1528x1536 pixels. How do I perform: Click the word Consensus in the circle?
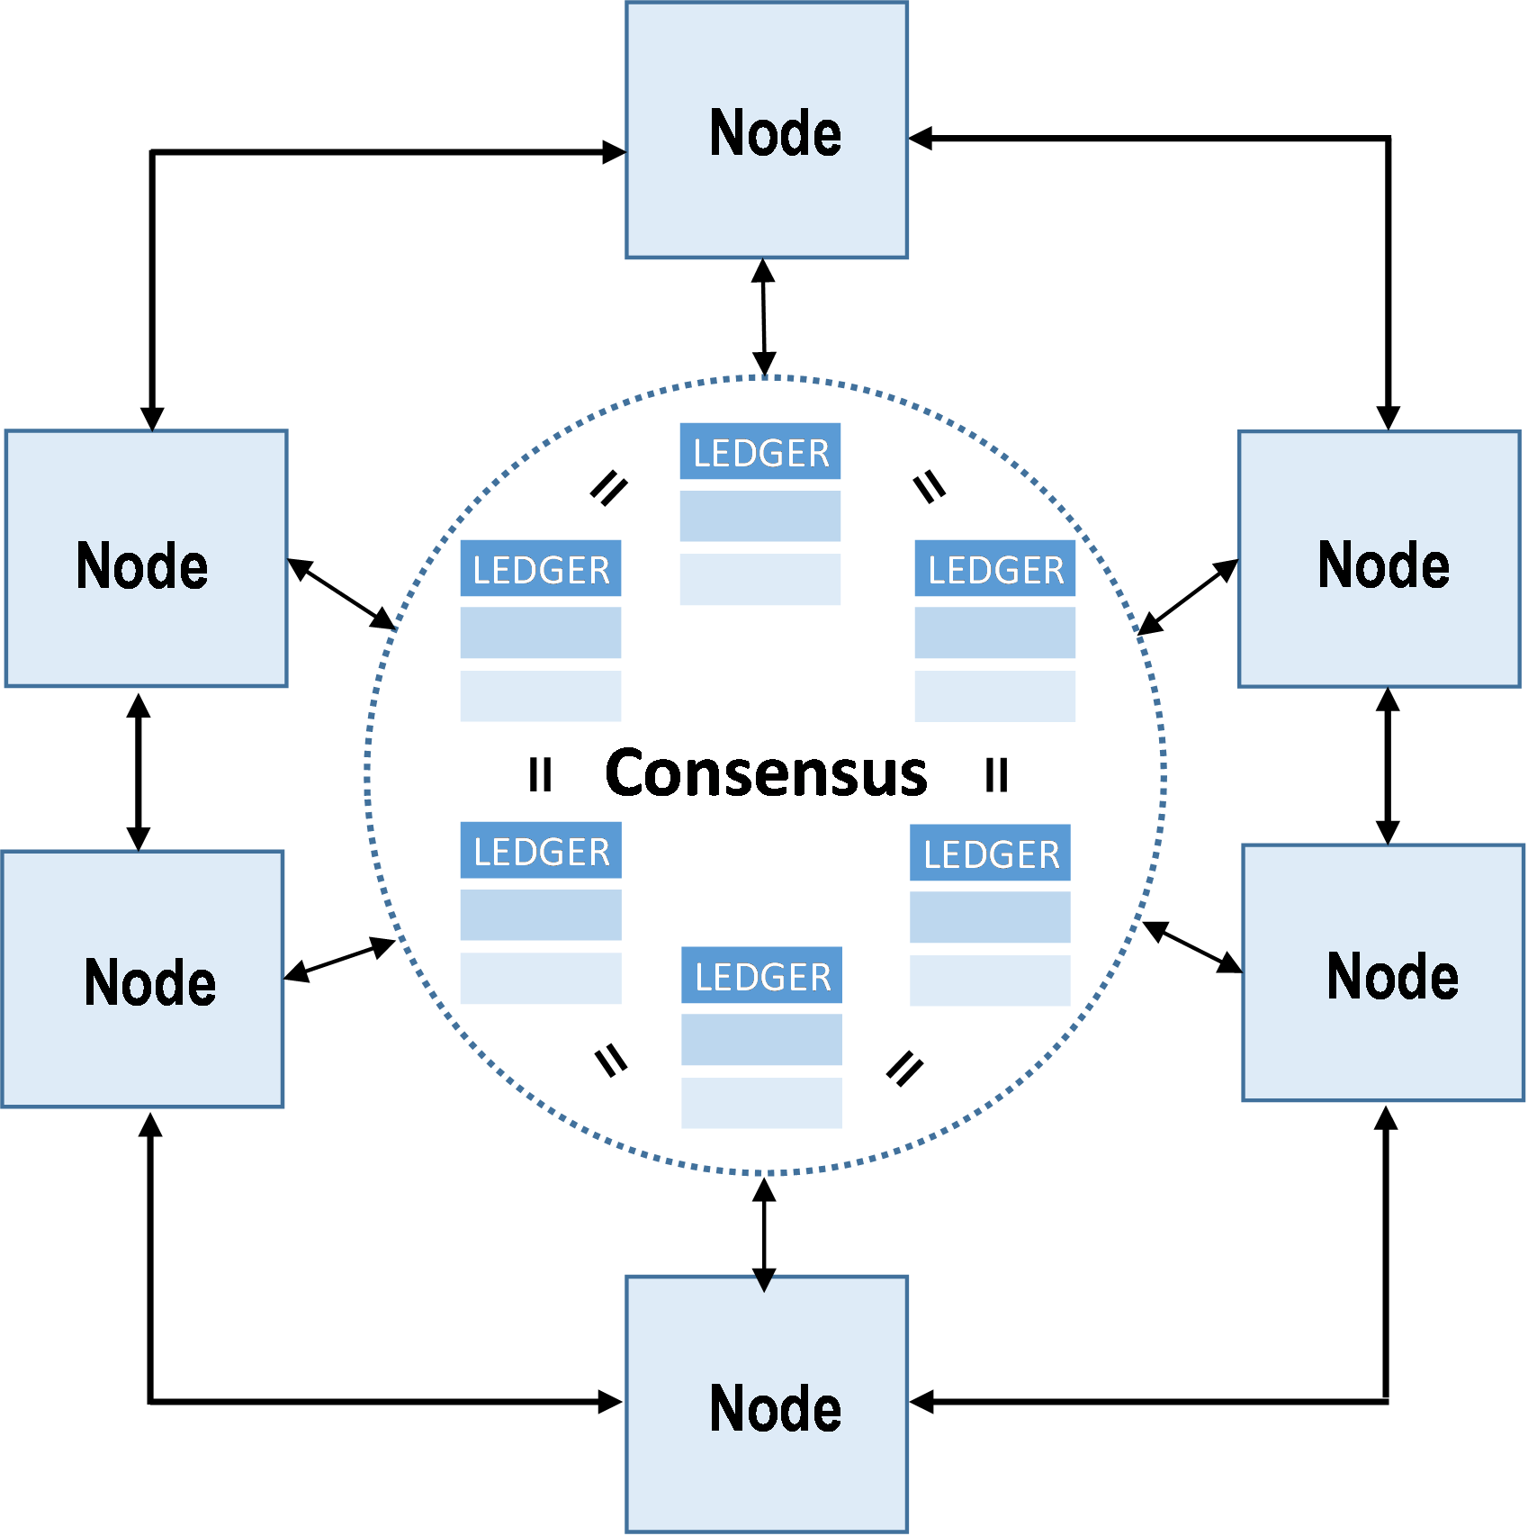click(766, 773)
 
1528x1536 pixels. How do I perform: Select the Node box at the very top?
click(767, 131)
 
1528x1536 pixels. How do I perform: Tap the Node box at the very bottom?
click(767, 1404)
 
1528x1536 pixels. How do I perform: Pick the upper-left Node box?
click(146, 559)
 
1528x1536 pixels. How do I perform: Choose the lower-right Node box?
click(1383, 973)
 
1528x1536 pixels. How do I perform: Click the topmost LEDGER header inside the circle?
click(760, 452)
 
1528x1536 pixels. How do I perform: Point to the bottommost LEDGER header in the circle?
click(762, 976)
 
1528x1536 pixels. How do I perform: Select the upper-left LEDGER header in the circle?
click(541, 569)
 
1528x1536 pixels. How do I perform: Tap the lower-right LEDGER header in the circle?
click(991, 854)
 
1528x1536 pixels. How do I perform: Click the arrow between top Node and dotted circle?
click(764, 317)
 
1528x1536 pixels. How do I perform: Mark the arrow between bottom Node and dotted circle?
click(764, 1234)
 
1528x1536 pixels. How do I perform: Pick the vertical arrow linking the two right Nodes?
click(1388, 766)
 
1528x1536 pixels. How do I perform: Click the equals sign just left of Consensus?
click(541, 774)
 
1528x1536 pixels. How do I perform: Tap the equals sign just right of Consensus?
click(997, 774)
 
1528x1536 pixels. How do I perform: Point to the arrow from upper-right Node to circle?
click(1188, 598)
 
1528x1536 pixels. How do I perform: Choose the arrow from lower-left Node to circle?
click(340, 960)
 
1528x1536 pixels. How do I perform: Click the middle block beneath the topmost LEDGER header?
click(760, 516)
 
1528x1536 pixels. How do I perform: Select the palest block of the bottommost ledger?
click(762, 1103)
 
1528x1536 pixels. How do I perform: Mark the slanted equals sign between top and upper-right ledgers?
click(930, 487)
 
